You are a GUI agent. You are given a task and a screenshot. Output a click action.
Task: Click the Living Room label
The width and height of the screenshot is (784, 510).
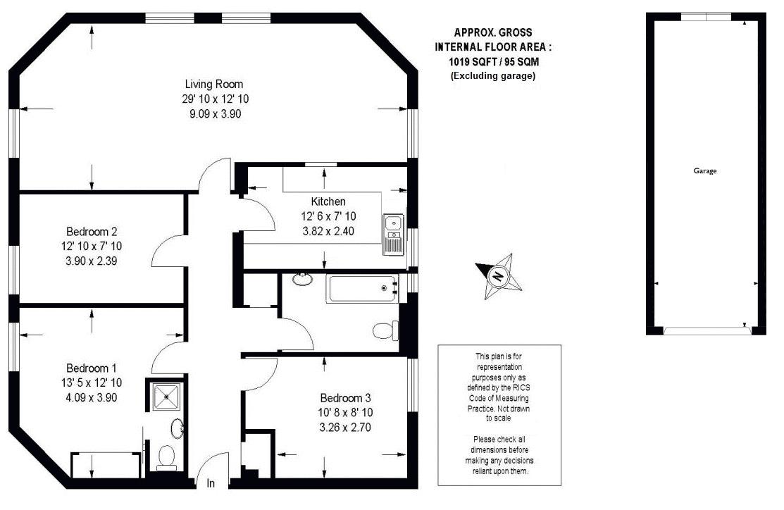214,84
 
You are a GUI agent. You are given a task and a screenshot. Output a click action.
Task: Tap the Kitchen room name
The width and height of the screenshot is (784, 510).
328,201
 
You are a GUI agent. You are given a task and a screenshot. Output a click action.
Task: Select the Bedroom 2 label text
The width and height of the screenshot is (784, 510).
92,232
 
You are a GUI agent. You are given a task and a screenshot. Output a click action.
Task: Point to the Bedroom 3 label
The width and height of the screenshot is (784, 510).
345,398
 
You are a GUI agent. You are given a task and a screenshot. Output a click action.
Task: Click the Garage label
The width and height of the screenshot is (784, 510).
705,171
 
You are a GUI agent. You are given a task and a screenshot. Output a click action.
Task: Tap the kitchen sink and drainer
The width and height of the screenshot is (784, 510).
394,235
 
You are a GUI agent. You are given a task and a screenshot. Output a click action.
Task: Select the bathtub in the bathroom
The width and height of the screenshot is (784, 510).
363,289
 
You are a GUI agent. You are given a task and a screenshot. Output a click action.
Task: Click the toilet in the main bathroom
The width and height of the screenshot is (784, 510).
386,330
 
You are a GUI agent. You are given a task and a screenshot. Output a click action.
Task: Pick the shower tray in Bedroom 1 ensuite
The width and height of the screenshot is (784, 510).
166,395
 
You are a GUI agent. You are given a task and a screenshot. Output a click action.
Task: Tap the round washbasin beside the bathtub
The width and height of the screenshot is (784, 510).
302,279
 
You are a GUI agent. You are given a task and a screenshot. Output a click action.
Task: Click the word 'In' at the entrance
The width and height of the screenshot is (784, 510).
211,483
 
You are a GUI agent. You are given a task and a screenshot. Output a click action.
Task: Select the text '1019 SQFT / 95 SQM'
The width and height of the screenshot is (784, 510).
494,62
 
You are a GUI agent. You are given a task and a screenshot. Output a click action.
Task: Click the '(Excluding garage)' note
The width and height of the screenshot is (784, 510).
493,76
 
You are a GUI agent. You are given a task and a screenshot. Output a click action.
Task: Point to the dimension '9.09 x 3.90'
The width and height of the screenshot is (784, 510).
215,114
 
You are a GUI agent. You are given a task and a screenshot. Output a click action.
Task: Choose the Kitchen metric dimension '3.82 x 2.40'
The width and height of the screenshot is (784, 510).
328,231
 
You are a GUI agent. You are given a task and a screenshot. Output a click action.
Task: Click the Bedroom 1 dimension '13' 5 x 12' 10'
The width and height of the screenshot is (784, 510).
92,383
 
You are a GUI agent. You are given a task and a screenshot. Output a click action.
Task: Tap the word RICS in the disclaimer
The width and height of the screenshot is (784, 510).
521,387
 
